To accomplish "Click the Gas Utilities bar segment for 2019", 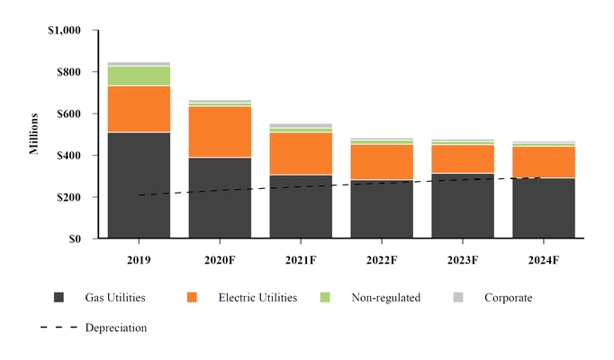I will click(x=139, y=185).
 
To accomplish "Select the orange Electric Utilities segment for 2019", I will click(x=139, y=109).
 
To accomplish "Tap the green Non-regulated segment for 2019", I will click(x=139, y=76).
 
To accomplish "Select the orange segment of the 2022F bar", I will click(x=382, y=162).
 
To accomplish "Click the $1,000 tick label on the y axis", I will click(x=64, y=31).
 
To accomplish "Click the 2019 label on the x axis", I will click(x=139, y=260).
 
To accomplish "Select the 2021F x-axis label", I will click(x=301, y=260).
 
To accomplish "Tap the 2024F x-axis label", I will click(x=543, y=260).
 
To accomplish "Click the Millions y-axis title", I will click(x=34, y=134).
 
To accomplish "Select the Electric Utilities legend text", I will click(x=257, y=298).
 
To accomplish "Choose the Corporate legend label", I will click(x=509, y=298).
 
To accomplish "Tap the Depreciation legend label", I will click(x=116, y=328).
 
